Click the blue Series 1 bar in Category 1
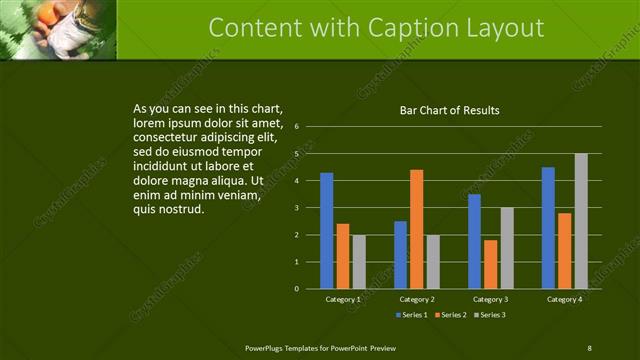pos(326,231)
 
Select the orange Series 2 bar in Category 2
pos(416,229)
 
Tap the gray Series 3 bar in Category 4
pos(581,221)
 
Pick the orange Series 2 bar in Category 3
pos(490,264)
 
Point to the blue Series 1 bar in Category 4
pos(548,228)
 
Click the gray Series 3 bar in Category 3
pos(507,248)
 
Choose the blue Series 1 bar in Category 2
pos(400,255)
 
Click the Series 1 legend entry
pos(411,315)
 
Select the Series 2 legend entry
pos(450,315)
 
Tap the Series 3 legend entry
pos(489,315)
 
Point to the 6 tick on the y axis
pos(297,127)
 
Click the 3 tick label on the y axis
pos(297,208)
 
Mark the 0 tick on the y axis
pos(297,289)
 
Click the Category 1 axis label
pos(343,299)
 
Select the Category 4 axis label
pos(564,299)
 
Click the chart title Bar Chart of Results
pos(449,110)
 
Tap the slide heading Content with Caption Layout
pos(377,28)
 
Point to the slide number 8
pos(589,347)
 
